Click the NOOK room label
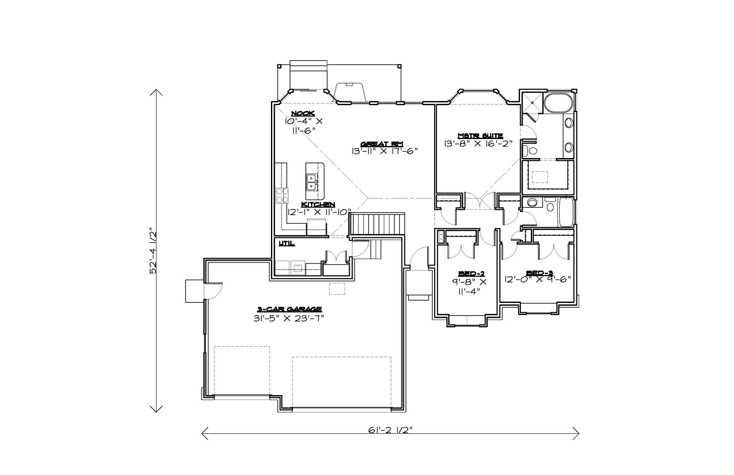303,114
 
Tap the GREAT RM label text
382,144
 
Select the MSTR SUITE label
480,136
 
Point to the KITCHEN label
318,204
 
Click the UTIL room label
287,243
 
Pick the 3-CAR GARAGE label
290,309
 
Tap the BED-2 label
471,273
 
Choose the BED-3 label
540,273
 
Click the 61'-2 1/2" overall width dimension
390,430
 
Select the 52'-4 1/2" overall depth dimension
153,251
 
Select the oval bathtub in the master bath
558,103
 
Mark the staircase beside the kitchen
377,225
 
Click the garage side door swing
213,291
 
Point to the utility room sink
298,268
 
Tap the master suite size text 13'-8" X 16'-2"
478,144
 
